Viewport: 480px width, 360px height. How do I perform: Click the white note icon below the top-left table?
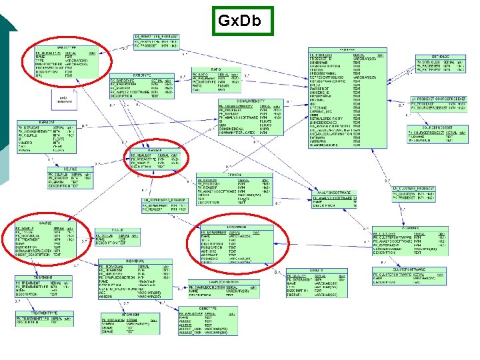coord(64,98)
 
